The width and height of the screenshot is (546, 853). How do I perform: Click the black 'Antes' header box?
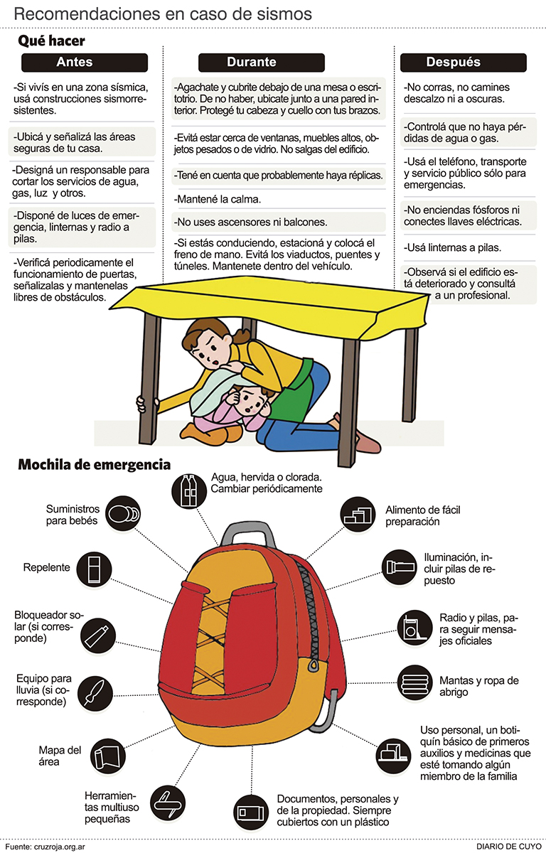click(x=85, y=63)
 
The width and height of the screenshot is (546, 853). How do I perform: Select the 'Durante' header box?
click(x=262, y=63)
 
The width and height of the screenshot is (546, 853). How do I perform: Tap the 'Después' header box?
click(x=464, y=63)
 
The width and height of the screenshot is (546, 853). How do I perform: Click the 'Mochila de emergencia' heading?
click(x=95, y=465)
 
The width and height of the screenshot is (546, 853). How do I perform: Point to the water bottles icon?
click(x=189, y=490)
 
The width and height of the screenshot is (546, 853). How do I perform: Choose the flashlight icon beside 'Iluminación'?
click(x=400, y=567)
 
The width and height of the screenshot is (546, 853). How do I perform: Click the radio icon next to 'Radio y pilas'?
click(x=414, y=628)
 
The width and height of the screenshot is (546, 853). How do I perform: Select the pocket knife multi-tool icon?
click(x=168, y=803)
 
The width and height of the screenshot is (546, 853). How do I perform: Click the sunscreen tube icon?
click(x=98, y=635)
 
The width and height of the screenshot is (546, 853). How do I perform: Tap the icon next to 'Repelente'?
click(x=94, y=569)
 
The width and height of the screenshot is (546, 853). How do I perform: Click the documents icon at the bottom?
click(x=250, y=812)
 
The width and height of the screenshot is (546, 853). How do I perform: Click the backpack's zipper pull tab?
click(x=313, y=665)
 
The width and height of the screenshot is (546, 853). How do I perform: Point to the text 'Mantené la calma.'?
click(x=218, y=199)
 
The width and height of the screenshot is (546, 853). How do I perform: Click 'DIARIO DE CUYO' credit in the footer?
click(x=509, y=846)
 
